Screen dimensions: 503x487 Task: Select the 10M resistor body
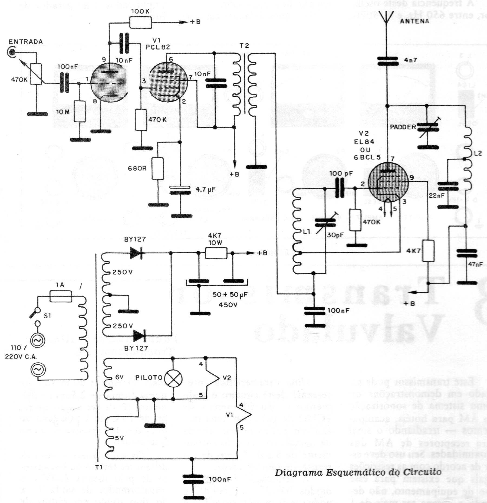click(80, 111)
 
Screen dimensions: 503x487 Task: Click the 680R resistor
click(158, 168)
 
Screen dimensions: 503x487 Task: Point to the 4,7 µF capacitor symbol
click(180, 190)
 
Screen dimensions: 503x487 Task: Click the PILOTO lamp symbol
click(173, 378)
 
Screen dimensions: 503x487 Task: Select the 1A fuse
click(61, 296)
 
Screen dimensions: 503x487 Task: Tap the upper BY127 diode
click(136, 253)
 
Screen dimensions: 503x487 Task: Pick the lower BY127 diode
click(139, 336)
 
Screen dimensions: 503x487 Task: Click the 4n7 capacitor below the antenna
click(387, 61)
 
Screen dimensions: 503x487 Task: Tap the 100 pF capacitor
click(341, 188)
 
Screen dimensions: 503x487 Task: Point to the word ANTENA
click(414, 21)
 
